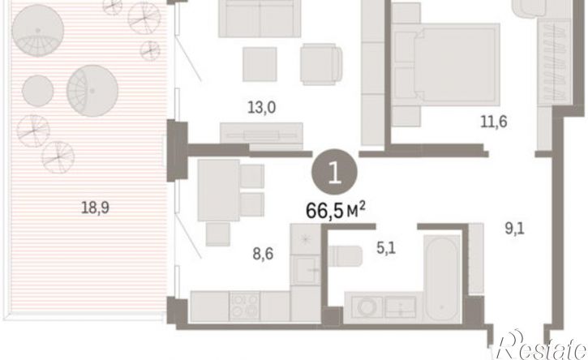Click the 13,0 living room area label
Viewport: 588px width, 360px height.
pos(261,108)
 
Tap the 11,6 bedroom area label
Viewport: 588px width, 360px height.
pos(493,122)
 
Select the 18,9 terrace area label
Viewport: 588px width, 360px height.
pos(95,208)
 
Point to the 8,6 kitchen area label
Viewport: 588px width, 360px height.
pos(263,255)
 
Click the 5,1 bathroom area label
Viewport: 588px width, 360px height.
pos(386,248)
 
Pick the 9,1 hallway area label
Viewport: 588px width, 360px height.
pos(514,228)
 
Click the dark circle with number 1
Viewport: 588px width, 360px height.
pos(334,172)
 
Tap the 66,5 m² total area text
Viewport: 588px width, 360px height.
pos(336,211)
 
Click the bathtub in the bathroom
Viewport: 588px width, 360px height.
pos(443,278)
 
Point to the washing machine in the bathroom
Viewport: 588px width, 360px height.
pos(367,307)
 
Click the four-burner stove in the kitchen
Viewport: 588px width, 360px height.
pos(244,306)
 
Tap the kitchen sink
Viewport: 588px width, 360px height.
pos(305,270)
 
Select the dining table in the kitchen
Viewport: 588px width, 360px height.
pos(219,191)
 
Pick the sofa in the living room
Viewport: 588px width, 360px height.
pos(260,19)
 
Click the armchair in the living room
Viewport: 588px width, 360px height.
pos(321,64)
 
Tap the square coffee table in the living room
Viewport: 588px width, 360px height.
pos(260,64)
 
